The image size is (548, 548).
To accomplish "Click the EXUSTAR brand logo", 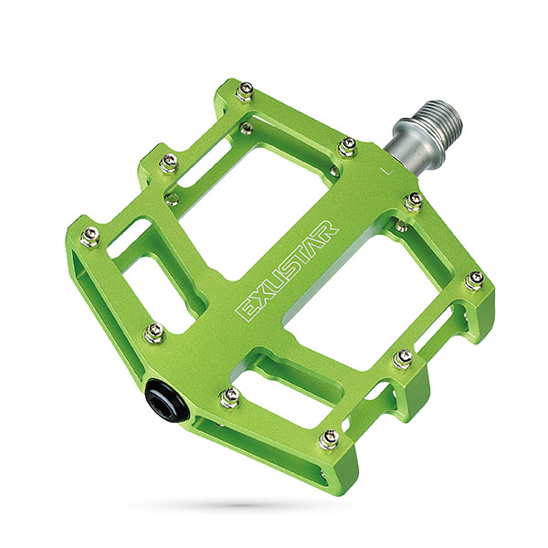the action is click(x=288, y=269).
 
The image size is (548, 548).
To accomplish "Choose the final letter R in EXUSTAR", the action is click(x=328, y=231).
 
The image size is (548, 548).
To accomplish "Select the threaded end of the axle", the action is click(x=443, y=120).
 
